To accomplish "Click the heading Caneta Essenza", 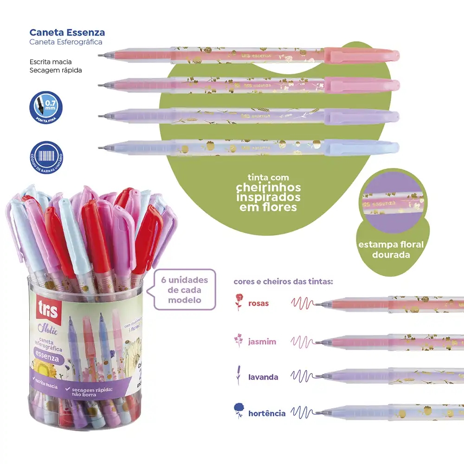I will point(67,32).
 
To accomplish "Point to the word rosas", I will point(258,303).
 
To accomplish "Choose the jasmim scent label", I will point(262,342).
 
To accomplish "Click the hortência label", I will point(267,412).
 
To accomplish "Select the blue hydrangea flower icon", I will point(239,410).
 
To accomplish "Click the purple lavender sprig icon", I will point(238,375).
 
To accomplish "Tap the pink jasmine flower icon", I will point(238,341).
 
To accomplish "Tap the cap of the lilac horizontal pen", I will point(362,116).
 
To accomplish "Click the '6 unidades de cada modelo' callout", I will point(184,290).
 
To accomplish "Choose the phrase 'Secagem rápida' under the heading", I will point(56,70).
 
